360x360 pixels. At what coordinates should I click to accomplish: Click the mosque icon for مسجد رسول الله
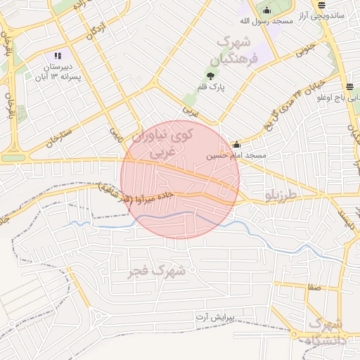point(266,10)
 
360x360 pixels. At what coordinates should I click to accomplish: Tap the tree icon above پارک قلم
point(210,75)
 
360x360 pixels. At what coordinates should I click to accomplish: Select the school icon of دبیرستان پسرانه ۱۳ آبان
point(58,56)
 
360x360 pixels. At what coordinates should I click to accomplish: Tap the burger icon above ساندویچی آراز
point(321,4)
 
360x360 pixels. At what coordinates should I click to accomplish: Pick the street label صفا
point(313,286)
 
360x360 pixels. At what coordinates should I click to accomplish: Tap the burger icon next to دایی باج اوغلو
point(349,87)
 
